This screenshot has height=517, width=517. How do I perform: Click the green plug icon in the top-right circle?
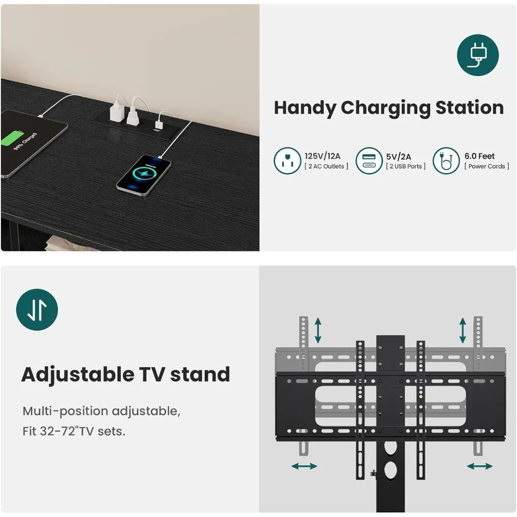[478, 55]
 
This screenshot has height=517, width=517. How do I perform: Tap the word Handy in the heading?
[304, 108]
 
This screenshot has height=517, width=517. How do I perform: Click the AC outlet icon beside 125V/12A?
[287, 161]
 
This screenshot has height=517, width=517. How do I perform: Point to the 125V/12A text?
[322, 156]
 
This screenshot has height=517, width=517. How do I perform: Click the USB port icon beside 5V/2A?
[369, 161]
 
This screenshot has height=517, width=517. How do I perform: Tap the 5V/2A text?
[398, 157]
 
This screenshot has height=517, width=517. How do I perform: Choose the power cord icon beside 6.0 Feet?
[446, 161]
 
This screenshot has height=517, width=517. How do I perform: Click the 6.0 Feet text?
[479, 156]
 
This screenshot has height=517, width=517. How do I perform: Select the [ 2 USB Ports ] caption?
[405, 166]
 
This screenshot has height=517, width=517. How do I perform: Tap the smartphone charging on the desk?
[144, 176]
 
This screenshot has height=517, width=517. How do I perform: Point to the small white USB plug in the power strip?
[159, 125]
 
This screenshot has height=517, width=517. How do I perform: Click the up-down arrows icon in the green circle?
[37, 310]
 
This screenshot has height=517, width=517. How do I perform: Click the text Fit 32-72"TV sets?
[74, 431]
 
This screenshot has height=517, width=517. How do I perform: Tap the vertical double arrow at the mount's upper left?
[318, 330]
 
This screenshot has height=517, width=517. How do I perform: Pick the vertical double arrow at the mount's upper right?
[463, 330]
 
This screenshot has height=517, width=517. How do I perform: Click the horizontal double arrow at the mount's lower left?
[305, 466]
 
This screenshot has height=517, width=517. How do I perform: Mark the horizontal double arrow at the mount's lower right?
[480, 466]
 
